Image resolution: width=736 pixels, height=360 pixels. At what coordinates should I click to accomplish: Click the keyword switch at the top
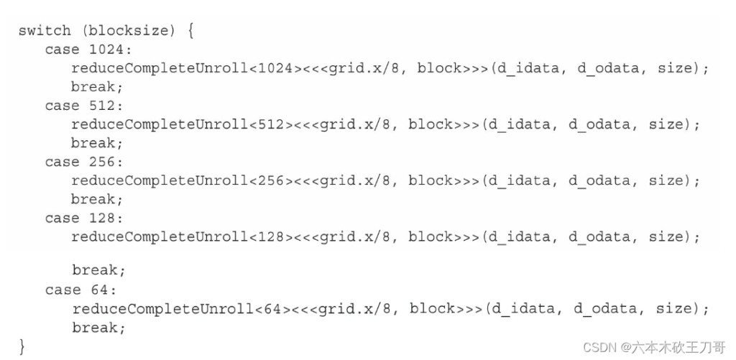(x=45, y=31)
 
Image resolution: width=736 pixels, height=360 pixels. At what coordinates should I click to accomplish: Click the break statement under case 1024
(x=97, y=87)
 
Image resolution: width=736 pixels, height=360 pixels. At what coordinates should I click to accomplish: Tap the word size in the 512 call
(x=666, y=125)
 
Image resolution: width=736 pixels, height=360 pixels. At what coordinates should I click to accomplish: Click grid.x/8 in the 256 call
(x=354, y=181)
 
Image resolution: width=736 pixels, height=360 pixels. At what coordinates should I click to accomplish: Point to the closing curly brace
(x=22, y=346)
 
